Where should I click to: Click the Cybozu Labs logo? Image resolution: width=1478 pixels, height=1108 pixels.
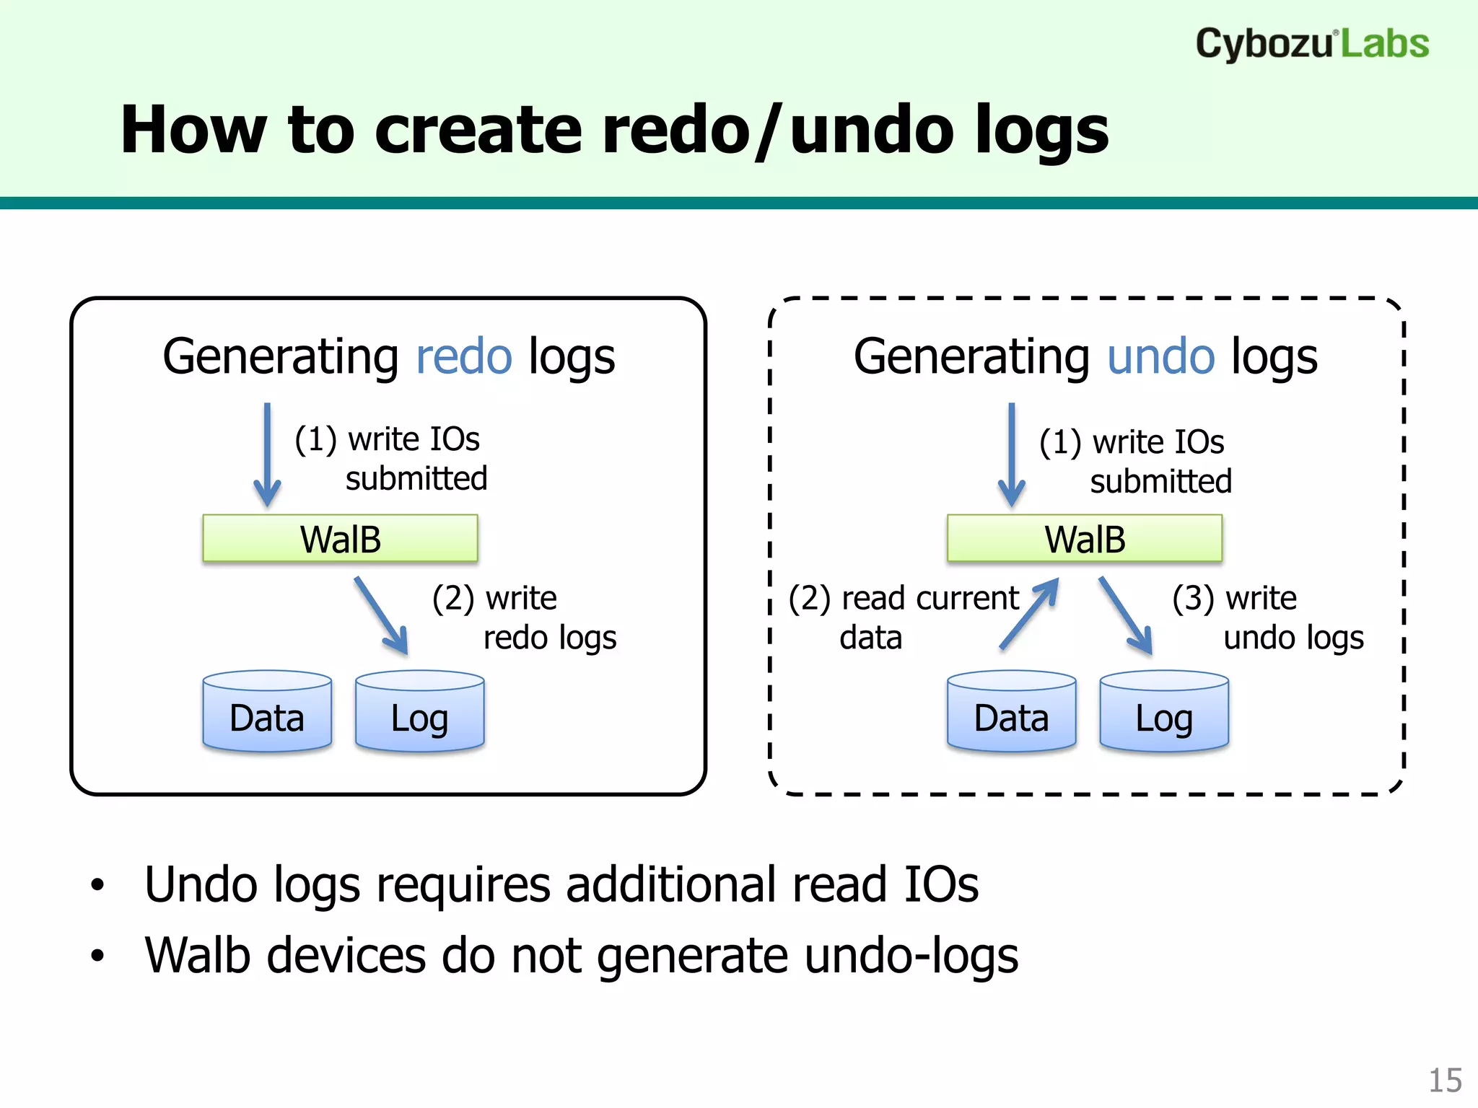coord(1311,43)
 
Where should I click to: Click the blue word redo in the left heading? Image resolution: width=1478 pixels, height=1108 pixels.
coord(464,356)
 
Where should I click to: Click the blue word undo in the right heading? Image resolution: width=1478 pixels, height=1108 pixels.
coord(1160,356)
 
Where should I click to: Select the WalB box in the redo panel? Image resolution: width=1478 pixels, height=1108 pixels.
coord(340,538)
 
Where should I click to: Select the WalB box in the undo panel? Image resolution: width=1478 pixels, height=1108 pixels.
coord(1084,538)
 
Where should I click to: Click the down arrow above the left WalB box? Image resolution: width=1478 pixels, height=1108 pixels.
coord(267,454)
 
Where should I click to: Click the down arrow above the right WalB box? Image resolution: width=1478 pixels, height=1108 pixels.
coord(1011,454)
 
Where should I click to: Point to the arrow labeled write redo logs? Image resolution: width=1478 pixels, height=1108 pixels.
coord(382,615)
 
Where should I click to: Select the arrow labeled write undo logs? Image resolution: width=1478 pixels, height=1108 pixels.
coord(1126,615)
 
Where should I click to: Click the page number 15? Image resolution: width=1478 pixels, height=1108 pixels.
coord(1445,1081)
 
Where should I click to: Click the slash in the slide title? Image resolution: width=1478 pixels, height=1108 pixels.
coord(768,131)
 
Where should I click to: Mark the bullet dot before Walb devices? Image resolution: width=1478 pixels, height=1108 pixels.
coord(97,957)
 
